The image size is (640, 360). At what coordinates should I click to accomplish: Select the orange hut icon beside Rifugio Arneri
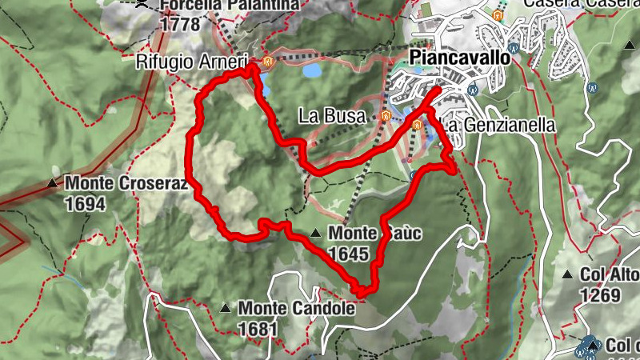click(267, 61)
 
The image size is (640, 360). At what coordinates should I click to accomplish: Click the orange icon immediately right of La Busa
click(386, 117)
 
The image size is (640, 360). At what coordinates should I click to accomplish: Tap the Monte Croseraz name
click(126, 183)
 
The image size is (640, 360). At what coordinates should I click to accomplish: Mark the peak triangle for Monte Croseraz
click(53, 183)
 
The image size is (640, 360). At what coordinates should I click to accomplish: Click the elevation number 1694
click(85, 203)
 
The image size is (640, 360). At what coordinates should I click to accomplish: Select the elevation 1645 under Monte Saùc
click(347, 254)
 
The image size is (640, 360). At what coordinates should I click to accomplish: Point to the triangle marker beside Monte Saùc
click(316, 234)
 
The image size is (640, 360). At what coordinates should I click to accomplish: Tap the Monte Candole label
click(295, 307)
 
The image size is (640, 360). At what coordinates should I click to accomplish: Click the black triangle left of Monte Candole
click(226, 307)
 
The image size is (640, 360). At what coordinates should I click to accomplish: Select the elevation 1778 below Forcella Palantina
click(180, 24)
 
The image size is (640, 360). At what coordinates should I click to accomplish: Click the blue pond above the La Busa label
click(311, 70)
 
